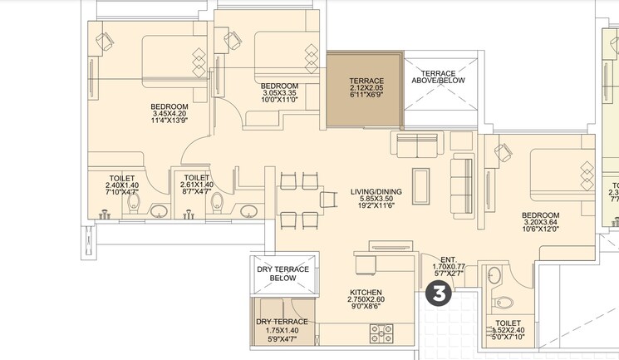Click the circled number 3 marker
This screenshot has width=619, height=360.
[x=439, y=293]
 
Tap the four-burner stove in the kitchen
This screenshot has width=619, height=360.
[x=381, y=333]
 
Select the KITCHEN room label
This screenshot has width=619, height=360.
[x=365, y=293]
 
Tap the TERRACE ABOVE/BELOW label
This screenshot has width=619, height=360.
[x=439, y=76]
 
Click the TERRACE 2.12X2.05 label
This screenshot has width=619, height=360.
[x=366, y=81]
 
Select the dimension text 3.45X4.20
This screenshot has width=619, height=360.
[x=169, y=114]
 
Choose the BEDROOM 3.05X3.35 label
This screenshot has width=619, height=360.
[x=279, y=86]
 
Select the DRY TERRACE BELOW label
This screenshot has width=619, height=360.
[x=282, y=274]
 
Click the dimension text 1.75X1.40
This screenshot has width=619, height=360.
[x=282, y=330]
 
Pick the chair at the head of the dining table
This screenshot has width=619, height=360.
[x=327, y=200]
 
